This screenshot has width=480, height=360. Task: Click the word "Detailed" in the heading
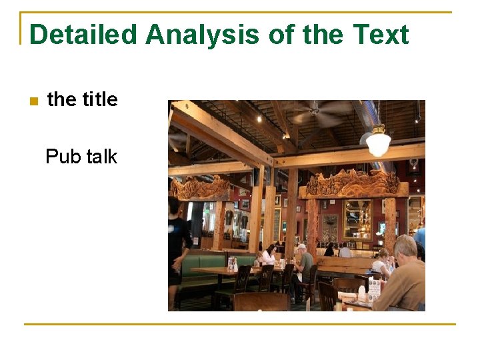click(82, 35)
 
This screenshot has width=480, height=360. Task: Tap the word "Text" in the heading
click(380, 35)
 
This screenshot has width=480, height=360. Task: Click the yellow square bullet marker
click(33, 101)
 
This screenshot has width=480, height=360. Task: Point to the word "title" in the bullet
click(100, 100)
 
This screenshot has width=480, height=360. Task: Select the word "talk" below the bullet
click(101, 157)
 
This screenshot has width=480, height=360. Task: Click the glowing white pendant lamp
click(378, 142)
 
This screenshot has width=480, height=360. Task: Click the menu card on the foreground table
click(374, 289)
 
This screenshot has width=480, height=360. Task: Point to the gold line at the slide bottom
click(240, 325)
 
